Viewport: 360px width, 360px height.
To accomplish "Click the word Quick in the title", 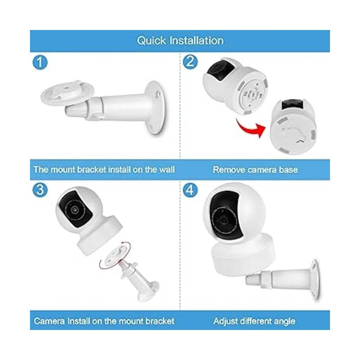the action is (151, 41).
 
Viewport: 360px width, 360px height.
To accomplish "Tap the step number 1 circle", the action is (40, 62).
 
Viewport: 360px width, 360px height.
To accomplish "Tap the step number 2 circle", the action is (190, 62).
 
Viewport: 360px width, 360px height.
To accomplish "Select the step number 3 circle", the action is (40, 190).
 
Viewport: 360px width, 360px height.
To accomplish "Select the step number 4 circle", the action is (190, 190).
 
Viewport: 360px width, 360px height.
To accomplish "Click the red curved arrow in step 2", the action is (250, 128).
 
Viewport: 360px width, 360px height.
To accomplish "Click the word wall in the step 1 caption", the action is (167, 169).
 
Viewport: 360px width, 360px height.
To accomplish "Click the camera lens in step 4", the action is (223, 220).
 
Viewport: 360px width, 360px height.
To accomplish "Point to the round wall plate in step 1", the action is (156, 107).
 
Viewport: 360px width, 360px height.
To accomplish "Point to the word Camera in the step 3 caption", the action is (49, 321).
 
